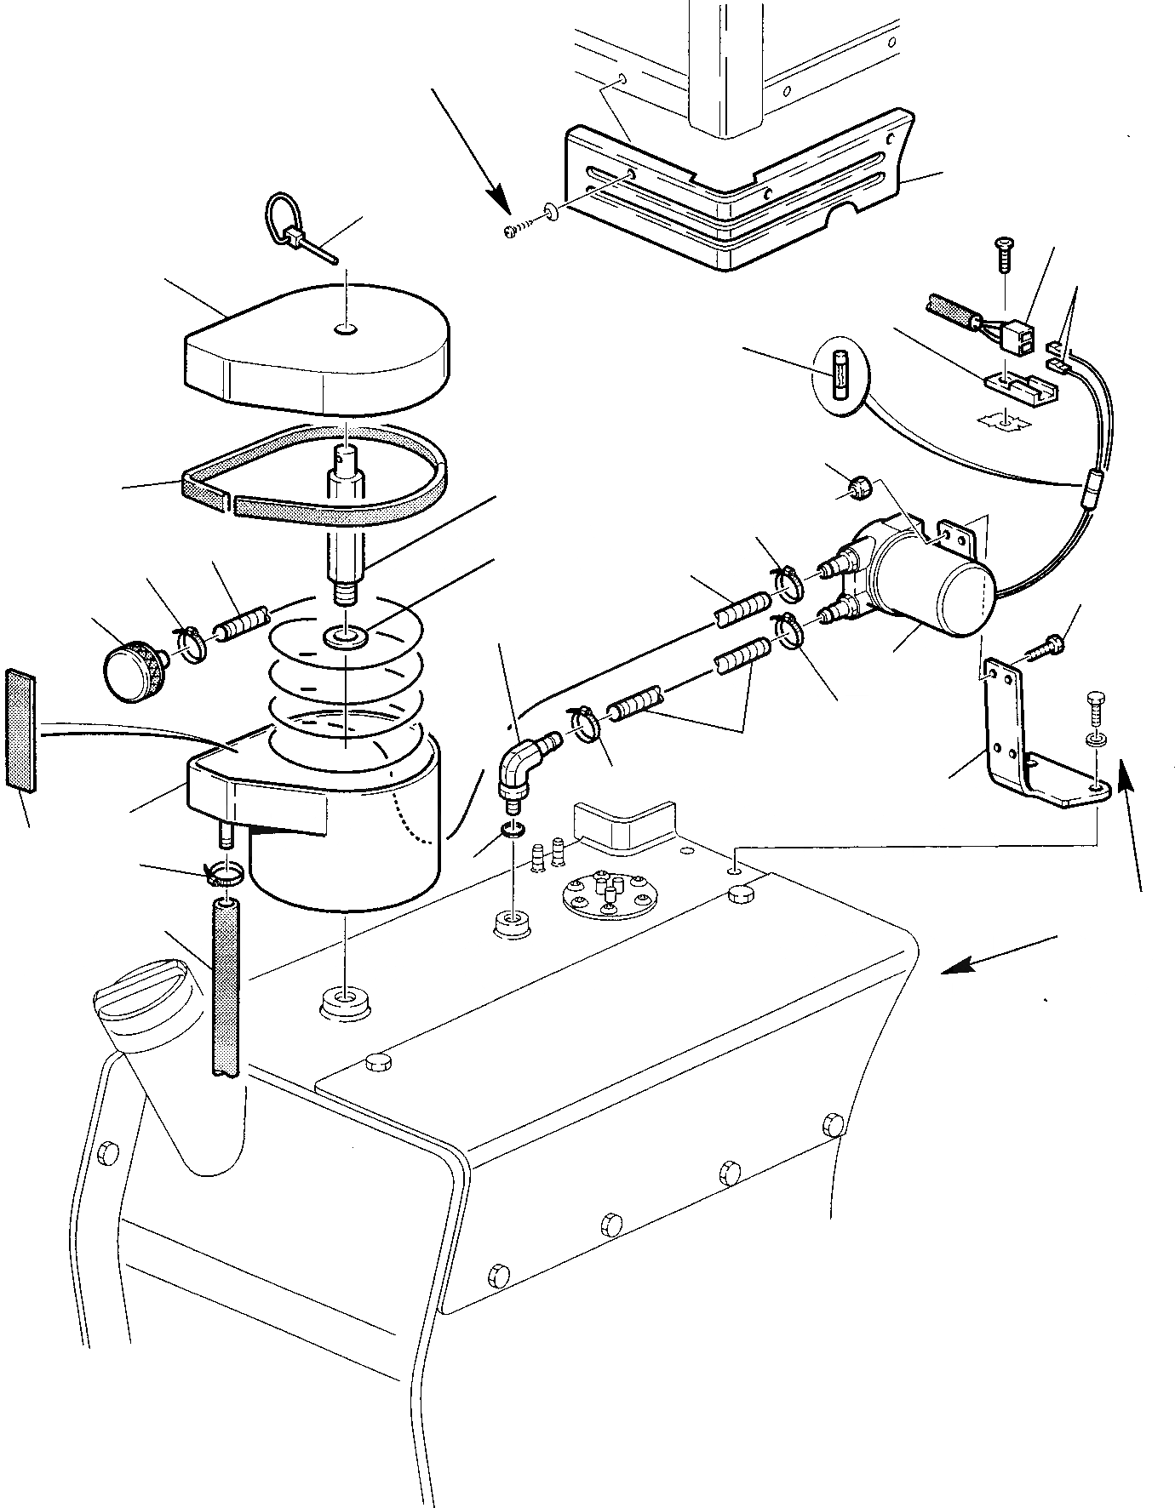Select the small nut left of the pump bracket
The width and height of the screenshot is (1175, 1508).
pos(857,488)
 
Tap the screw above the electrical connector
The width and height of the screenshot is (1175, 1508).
pos(1003,253)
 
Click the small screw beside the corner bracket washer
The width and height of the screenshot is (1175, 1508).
pos(517,230)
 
